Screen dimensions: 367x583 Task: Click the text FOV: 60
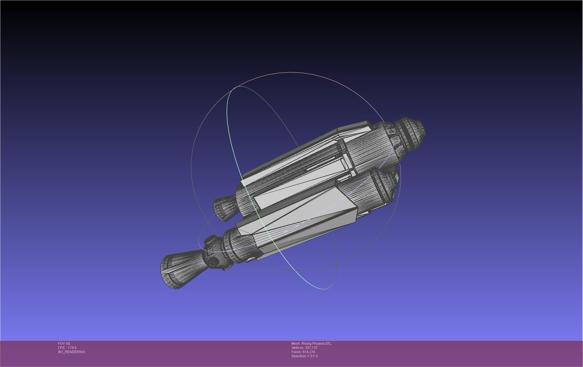point(64,344)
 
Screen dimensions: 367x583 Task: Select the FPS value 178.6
point(72,348)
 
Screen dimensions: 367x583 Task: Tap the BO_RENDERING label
point(71,352)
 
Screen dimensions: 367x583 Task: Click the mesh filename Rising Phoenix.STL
point(316,344)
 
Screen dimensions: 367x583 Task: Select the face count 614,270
point(309,352)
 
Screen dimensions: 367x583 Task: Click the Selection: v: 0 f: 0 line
point(304,356)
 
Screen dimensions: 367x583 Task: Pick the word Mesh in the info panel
point(296,344)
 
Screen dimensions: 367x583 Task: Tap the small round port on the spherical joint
point(213,263)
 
